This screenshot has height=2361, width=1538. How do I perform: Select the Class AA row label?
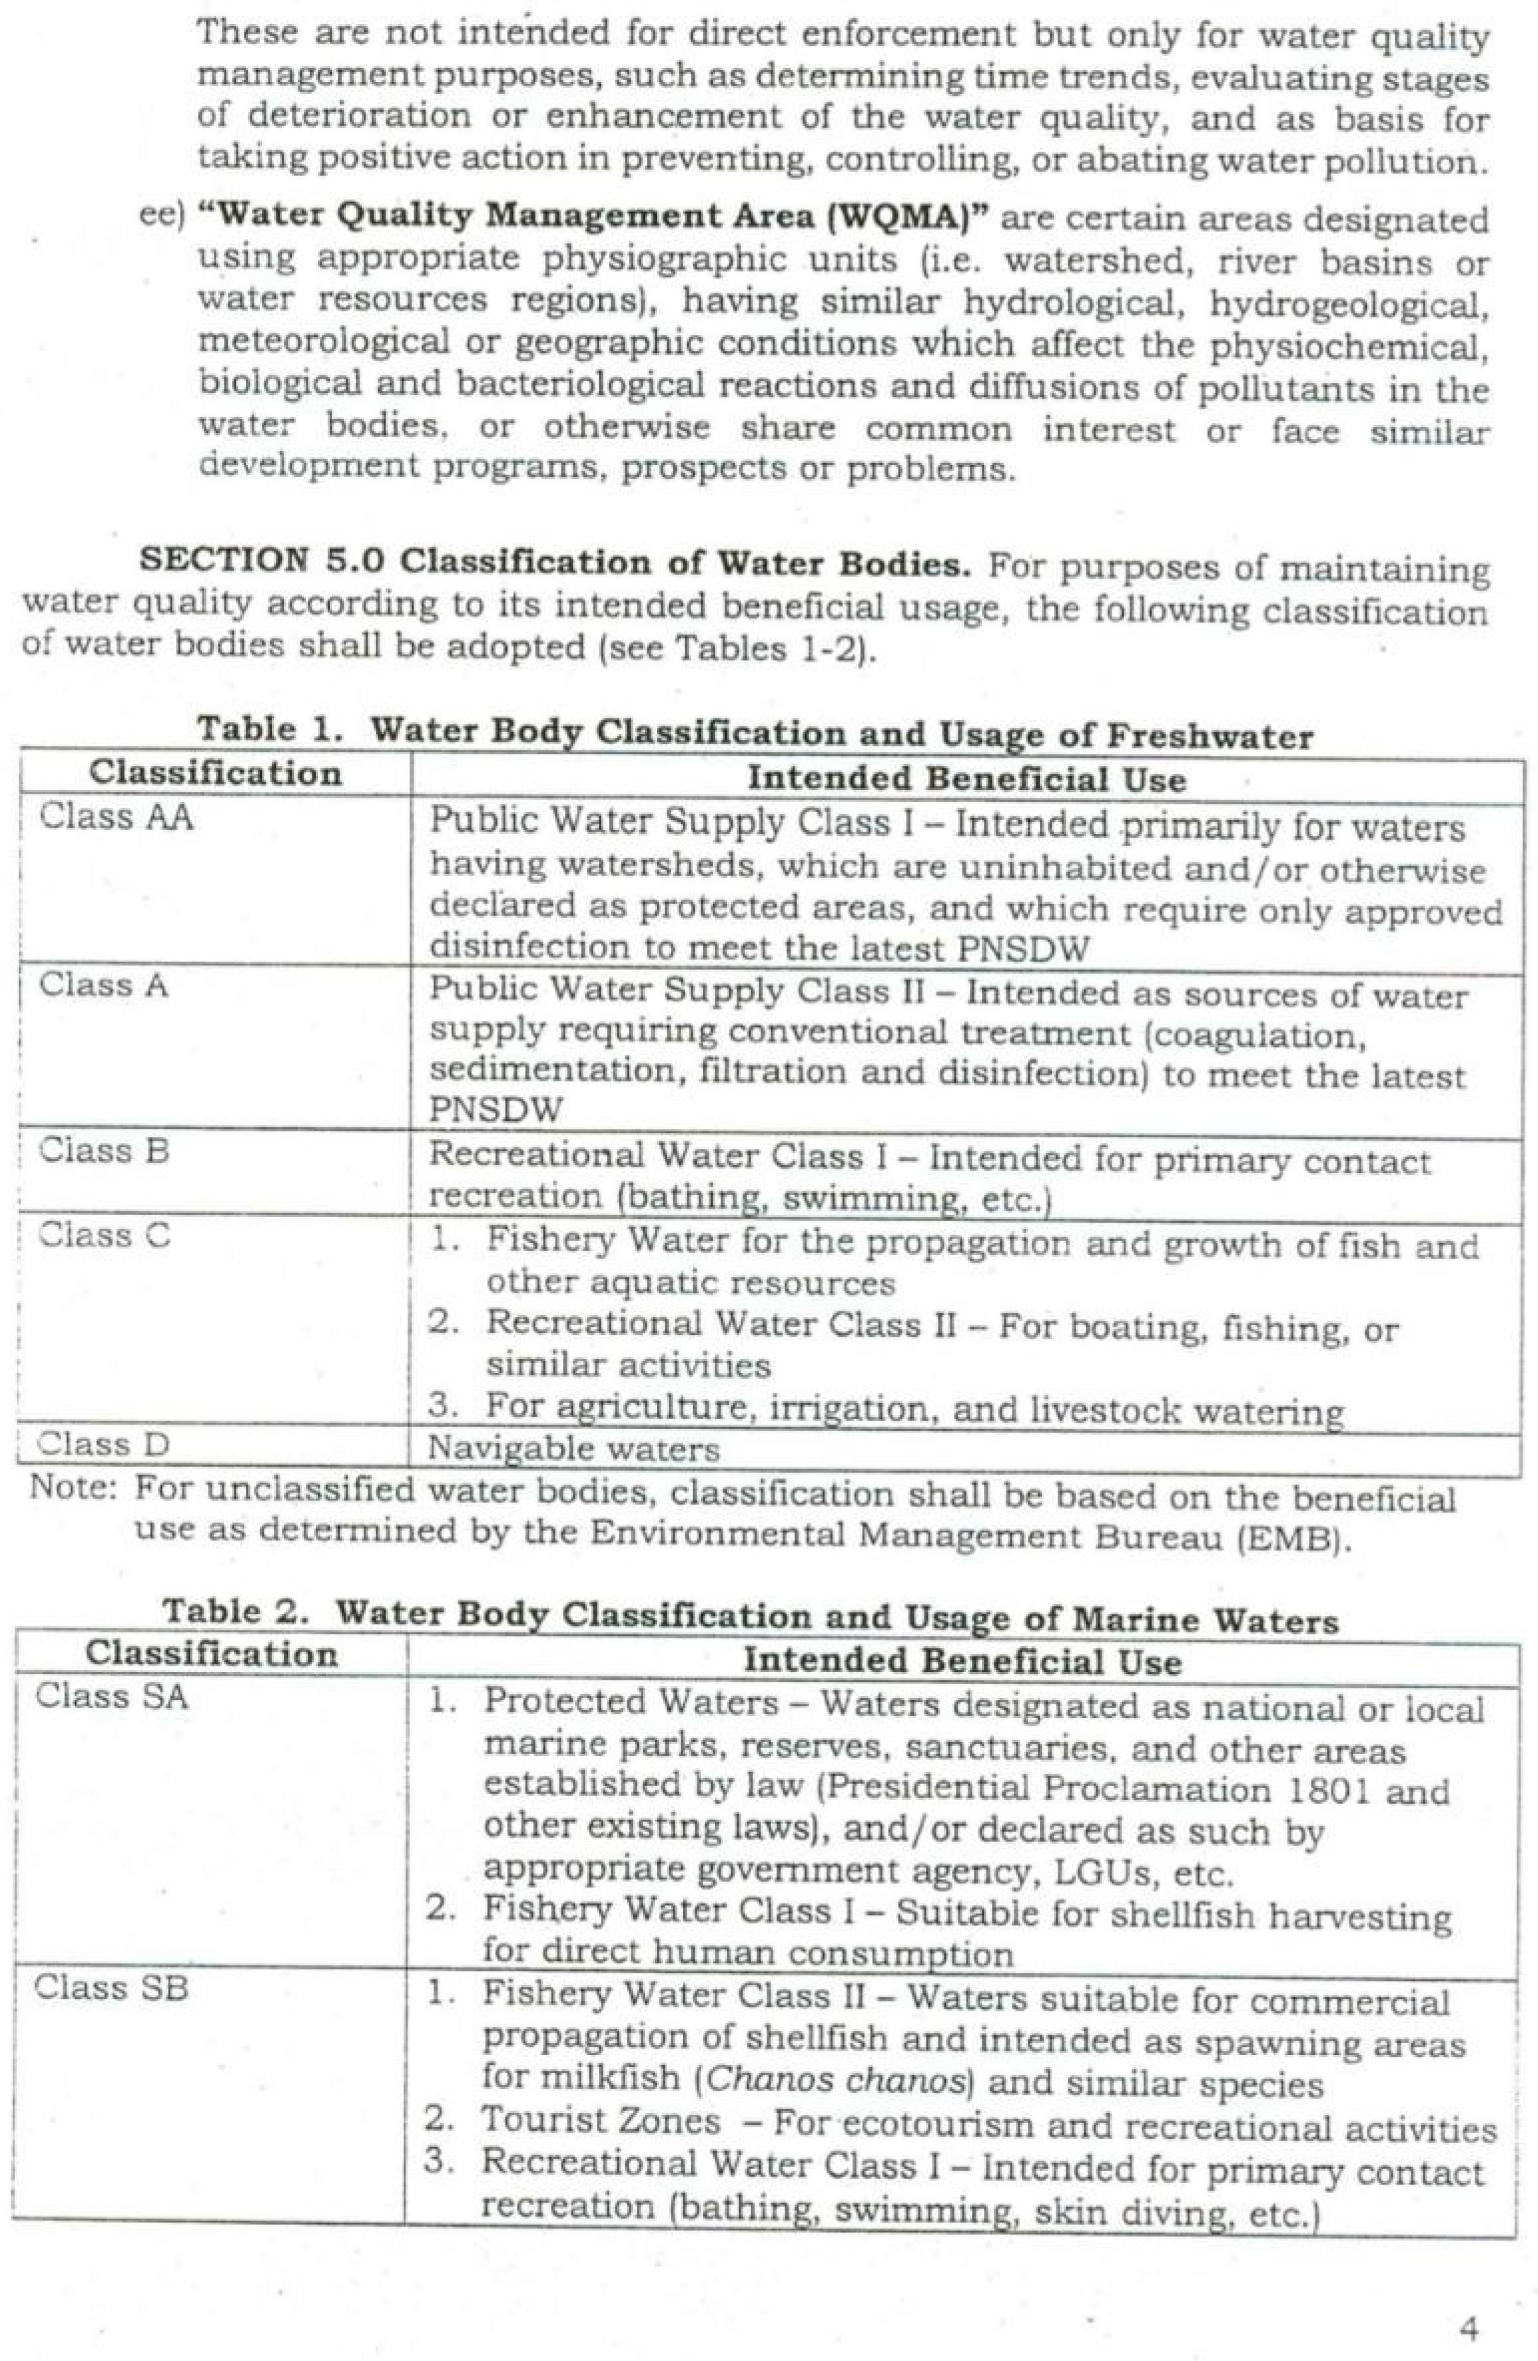point(116,818)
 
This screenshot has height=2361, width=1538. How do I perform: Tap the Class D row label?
point(103,1445)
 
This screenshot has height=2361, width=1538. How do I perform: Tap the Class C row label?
point(104,1235)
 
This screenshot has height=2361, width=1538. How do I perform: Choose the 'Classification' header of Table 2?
point(210,1653)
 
